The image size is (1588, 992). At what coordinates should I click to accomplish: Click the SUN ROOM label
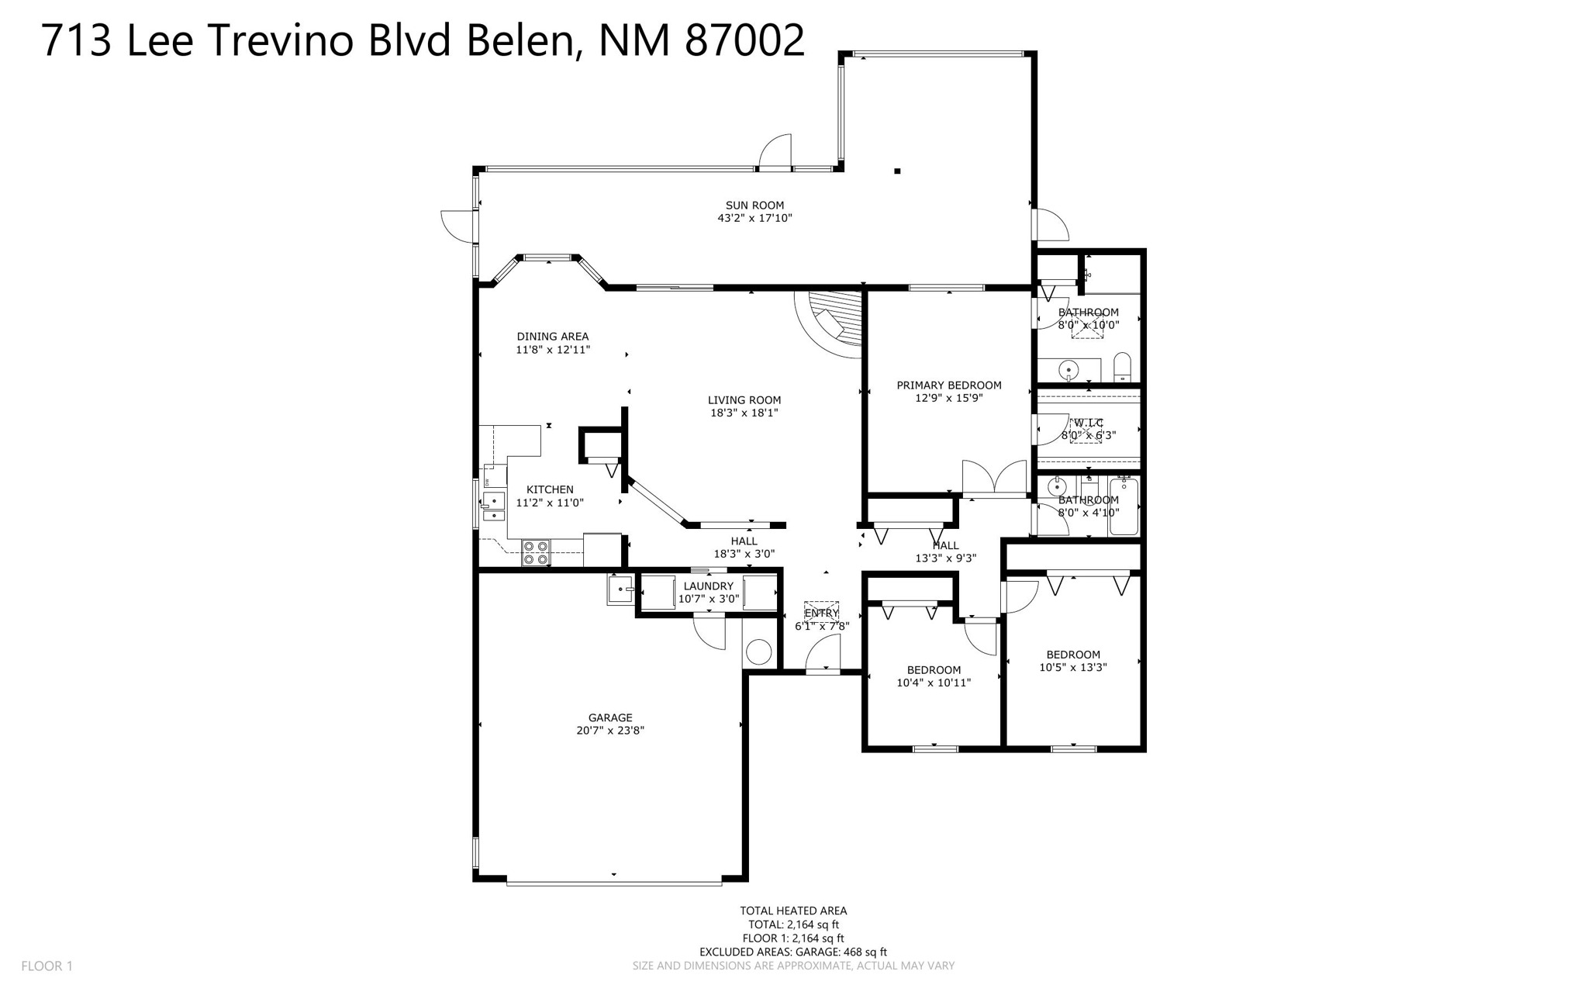tap(754, 206)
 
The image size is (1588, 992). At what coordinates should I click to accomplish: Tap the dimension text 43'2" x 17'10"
tap(754, 219)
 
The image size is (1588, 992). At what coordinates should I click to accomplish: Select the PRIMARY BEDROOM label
tap(948, 385)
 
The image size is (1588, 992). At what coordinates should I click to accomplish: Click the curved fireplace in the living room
tap(834, 322)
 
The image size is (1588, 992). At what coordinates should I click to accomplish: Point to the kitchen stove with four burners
tap(536, 552)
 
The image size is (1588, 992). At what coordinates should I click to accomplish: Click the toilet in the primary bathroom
tap(1122, 367)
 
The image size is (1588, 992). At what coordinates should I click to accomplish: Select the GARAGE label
tap(610, 718)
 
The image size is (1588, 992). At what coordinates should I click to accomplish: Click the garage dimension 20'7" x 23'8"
tap(610, 731)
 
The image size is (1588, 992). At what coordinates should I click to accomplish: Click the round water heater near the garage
tap(758, 652)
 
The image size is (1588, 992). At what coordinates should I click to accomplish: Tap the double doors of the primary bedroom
tap(994, 479)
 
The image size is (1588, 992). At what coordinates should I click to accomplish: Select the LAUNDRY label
tap(708, 586)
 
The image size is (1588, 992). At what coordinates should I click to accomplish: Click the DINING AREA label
tap(552, 337)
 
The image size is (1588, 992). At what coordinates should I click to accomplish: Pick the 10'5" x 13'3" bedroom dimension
tap(1072, 667)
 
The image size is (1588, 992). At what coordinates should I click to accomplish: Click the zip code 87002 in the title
tap(744, 40)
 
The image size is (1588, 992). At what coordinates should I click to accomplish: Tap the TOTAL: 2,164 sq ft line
tap(793, 925)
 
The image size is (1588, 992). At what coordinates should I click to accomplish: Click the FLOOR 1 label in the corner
tap(47, 966)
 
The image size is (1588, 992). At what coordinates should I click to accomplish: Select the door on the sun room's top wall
tap(775, 154)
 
